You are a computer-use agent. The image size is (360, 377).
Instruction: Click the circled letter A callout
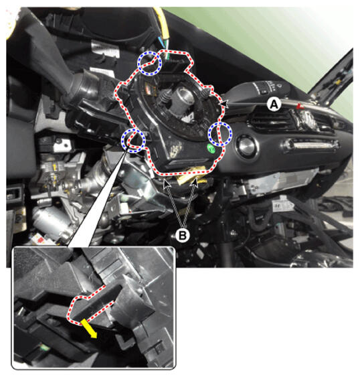[x=274, y=104]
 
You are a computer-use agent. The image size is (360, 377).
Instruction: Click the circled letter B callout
[x=183, y=235]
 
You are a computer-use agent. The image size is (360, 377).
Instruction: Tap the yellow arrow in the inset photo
[x=89, y=329]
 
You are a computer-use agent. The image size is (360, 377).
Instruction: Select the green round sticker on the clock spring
[x=211, y=148]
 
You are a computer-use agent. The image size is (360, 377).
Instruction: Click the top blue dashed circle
[x=149, y=63]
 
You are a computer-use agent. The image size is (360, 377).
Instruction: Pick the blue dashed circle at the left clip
[x=133, y=141]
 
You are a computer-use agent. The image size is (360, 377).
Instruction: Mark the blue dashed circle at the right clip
[x=220, y=134]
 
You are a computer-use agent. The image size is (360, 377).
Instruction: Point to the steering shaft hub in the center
[x=182, y=100]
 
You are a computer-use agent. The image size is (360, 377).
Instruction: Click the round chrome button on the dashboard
[x=246, y=145]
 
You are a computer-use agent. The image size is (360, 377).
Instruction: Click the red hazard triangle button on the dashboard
[x=299, y=106]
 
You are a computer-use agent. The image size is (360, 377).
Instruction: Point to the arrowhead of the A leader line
[x=223, y=103]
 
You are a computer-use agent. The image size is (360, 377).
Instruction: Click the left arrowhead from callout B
[x=167, y=183]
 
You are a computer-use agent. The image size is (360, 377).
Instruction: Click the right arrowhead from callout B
[x=195, y=183]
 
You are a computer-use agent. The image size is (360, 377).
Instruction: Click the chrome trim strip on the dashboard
[x=310, y=146]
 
